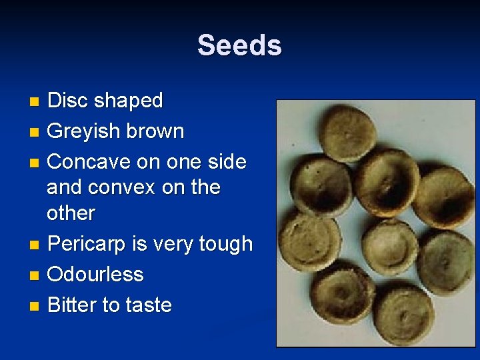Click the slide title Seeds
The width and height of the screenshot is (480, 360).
tap(239, 46)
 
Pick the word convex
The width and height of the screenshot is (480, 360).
tap(125, 187)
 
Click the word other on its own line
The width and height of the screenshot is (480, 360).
tap(71, 213)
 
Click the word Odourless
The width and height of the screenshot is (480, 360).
tap(95, 275)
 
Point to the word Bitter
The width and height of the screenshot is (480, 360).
tap(71, 305)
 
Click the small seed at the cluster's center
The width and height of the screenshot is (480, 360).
tap(390, 245)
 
